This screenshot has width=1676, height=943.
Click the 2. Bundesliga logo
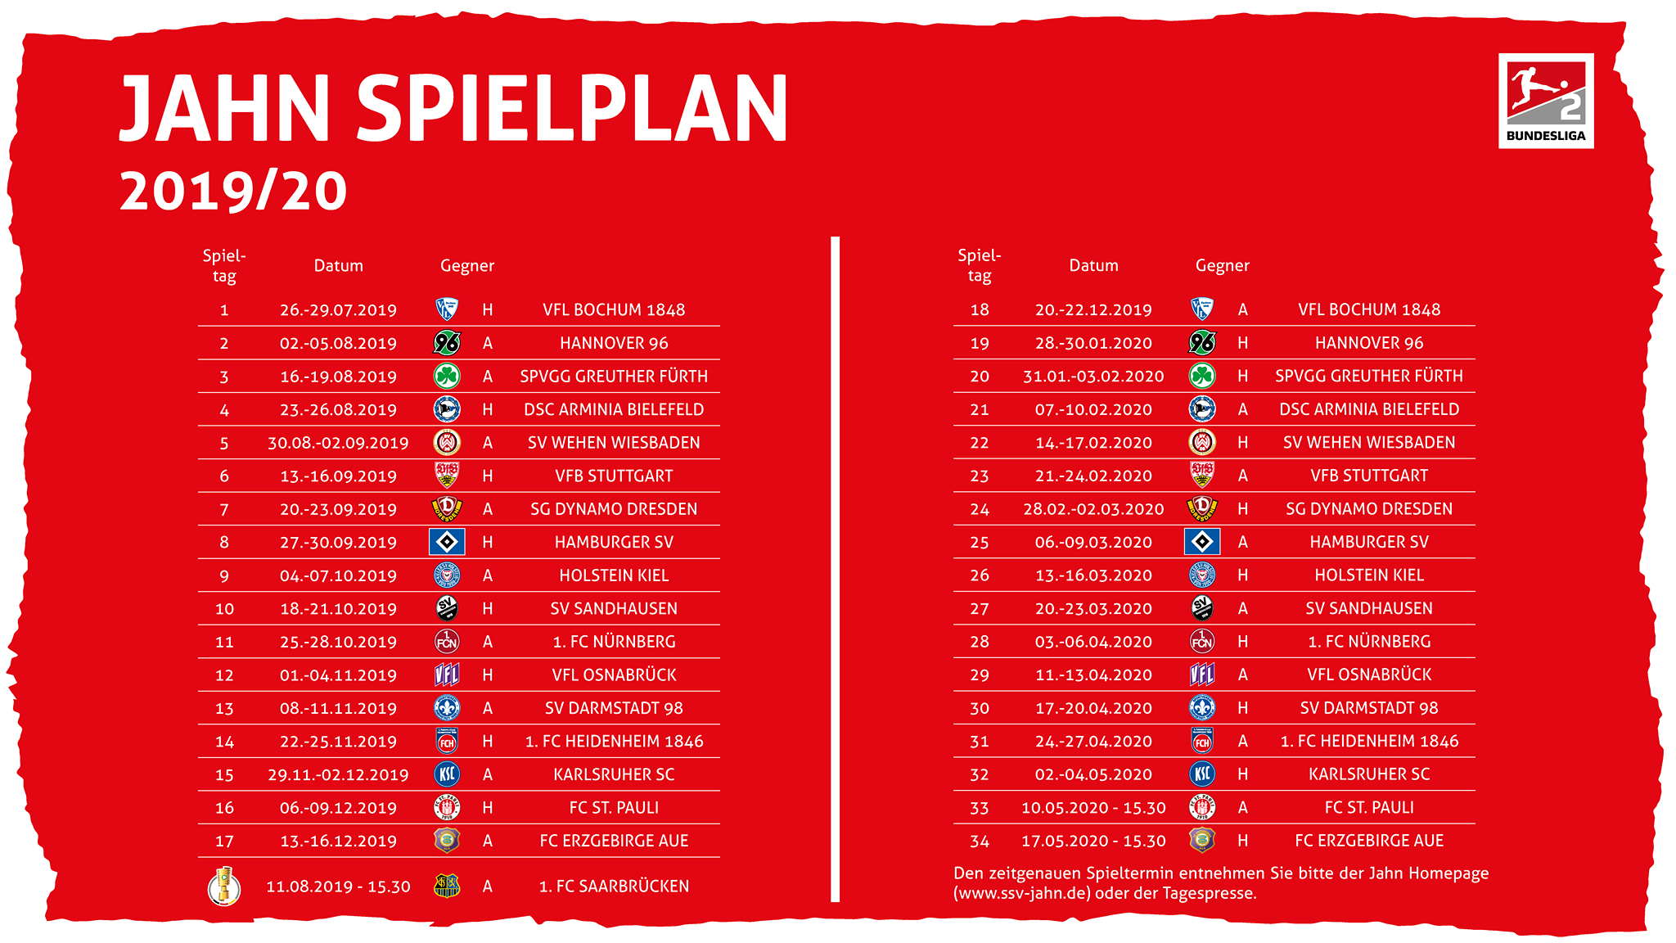(x=1546, y=101)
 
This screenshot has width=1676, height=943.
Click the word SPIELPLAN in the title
(x=572, y=109)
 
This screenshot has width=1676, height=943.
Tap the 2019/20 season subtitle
(x=233, y=192)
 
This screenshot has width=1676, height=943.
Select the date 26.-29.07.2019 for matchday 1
(x=338, y=310)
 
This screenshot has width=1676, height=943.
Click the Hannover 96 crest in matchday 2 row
(x=447, y=343)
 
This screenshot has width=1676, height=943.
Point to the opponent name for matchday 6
(x=614, y=476)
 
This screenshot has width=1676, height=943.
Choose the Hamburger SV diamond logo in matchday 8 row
(x=447, y=542)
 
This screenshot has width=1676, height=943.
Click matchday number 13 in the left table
(x=224, y=709)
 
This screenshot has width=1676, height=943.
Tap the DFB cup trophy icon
(x=224, y=886)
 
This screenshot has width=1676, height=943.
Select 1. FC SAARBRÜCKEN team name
(x=614, y=887)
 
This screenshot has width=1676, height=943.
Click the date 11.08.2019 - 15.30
(x=338, y=887)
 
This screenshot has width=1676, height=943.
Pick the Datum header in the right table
(x=1093, y=265)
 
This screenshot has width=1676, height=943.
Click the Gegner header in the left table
(x=467, y=266)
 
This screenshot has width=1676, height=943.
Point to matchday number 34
(x=980, y=841)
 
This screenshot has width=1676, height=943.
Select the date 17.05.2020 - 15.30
(x=1093, y=841)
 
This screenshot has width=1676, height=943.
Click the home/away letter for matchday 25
(x=1243, y=542)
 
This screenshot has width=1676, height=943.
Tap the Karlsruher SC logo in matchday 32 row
(x=1202, y=774)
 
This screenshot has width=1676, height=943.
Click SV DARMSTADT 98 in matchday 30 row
(x=1369, y=708)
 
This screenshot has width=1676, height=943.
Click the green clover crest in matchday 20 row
(x=1202, y=376)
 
